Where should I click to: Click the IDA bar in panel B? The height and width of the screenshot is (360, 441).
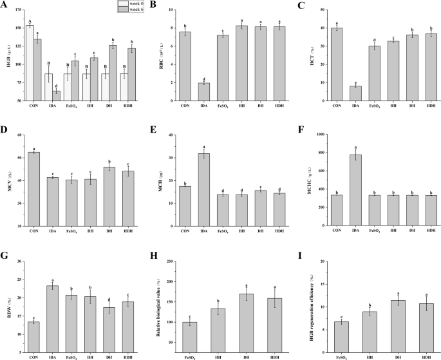[x=203, y=92]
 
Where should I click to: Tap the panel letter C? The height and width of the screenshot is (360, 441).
[x=299, y=5]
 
